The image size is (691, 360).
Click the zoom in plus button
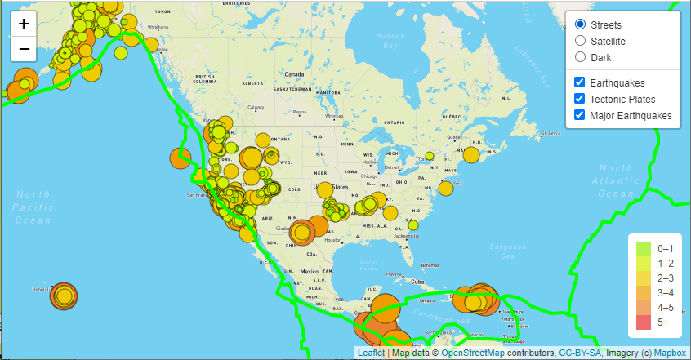pyautogui.click(x=24, y=24)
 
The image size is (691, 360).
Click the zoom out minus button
pyautogui.click(x=24, y=49)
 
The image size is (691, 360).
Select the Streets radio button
pyautogui.click(x=580, y=24)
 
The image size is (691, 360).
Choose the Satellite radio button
pyautogui.click(x=580, y=41)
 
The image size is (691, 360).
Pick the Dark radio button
pyautogui.click(x=580, y=57)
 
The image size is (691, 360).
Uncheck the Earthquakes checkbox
pyautogui.click(x=579, y=82)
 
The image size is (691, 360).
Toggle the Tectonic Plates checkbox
pyautogui.click(x=579, y=99)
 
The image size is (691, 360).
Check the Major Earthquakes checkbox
pyautogui.click(x=579, y=115)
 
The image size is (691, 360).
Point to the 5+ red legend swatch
pyautogui.click(x=643, y=322)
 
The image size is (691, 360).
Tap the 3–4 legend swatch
pyautogui.click(x=643, y=292)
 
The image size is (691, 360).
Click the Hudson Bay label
pyautogui.click(x=390, y=41)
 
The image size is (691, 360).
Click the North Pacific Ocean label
pyautogui.click(x=33, y=207)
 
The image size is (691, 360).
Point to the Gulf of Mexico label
pyautogui.click(x=370, y=264)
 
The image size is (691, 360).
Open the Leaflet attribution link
pyautogui.click(x=371, y=353)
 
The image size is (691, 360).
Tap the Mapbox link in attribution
pyautogui.click(x=671, y=353)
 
